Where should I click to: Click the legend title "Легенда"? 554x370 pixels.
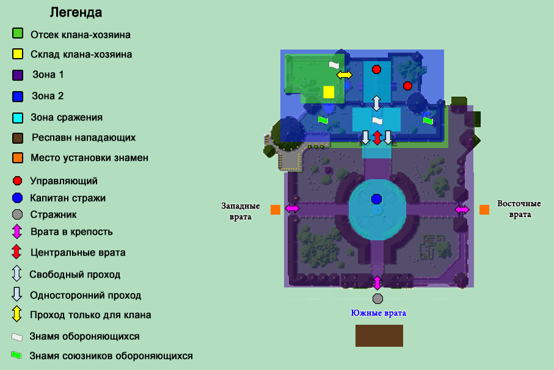click(76, 12)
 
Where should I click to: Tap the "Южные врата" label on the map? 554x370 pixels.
click(378, 313)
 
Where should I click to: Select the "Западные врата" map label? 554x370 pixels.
click(241, 211)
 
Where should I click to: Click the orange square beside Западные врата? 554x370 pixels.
click(275, 210)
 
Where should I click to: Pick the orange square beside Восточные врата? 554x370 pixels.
click(484, 210)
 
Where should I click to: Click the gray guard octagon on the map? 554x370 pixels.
click(377, 298)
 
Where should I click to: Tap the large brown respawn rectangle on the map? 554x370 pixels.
click(379, 336)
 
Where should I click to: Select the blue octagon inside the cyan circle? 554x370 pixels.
click(376, 199)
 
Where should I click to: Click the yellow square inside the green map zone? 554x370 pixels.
click(329, 92)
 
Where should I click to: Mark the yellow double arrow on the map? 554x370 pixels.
click(344, 75)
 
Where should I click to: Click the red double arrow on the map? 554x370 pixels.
click(377, 137)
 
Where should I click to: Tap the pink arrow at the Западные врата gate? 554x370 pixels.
click(292, 209)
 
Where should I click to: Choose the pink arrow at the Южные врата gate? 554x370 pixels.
click(377, 283)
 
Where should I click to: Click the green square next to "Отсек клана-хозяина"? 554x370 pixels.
click(18, 34)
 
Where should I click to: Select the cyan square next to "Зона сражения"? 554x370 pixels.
click(18, 117)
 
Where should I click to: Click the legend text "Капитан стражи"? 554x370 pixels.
click(68, 198)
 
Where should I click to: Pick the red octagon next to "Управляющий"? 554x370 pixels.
click(18, 181)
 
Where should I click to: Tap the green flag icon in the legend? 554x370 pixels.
click(16, 355)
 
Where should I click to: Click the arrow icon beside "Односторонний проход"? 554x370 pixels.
click(17, 294)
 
